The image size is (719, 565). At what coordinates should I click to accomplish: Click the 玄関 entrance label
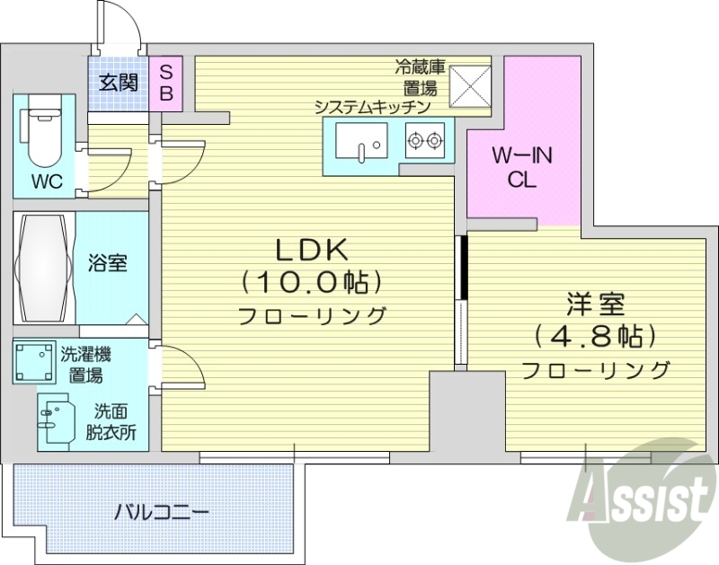pos(118,84)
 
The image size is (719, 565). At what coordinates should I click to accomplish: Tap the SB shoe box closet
pos(167,83)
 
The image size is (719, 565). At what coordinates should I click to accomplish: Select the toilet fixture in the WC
pos(40,132)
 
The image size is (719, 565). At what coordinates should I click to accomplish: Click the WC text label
pos(47,181)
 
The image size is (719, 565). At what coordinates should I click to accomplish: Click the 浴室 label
pos(107,264)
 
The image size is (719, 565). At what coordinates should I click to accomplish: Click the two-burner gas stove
pos(425,141)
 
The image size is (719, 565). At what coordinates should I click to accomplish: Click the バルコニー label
pos(162,514)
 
